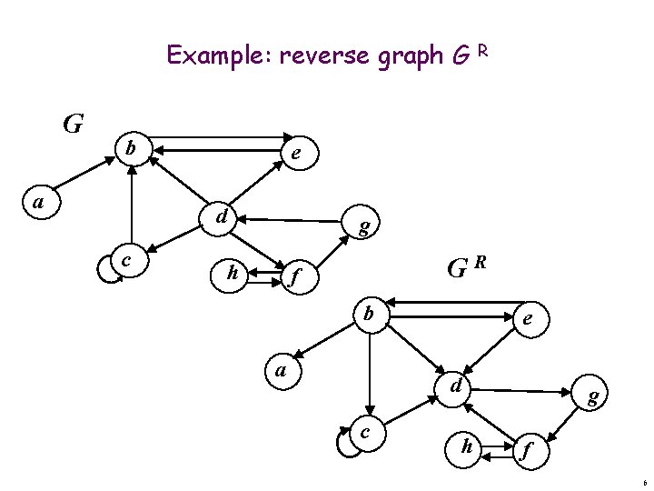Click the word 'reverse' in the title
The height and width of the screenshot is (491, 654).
tap(318, 56)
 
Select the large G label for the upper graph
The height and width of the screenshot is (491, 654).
tap(74, 122)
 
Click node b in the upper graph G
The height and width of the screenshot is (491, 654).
tap(132, 146)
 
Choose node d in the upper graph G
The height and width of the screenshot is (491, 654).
tap(222, 217)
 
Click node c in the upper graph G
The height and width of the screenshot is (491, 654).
tap(126, 261)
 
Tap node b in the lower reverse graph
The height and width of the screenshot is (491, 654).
tap(368, 315)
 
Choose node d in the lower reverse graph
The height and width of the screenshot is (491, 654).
tap(458, 386)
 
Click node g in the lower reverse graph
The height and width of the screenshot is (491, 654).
tap(592, 396)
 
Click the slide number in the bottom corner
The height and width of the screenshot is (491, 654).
tap(643, 482)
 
